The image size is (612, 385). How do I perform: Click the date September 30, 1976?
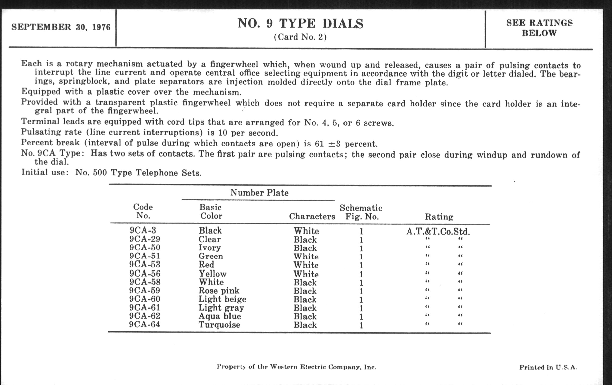coord(61,27)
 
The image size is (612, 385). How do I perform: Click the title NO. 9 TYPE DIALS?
coord(300,24)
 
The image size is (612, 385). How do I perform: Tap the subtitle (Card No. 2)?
coord(300,37)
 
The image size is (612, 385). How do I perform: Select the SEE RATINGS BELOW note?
coord(539,28)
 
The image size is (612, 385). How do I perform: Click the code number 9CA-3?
coord(143,230)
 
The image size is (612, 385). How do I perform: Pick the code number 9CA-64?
coord(144,325)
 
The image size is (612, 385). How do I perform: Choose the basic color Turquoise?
coord(219,325)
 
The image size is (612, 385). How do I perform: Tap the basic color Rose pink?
coord(219,290)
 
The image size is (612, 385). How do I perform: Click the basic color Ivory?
coord(210,248)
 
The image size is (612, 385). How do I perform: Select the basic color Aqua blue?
coord(220,316)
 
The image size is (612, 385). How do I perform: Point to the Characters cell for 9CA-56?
coord(306,274)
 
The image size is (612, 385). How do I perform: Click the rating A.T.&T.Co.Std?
coord(438,232)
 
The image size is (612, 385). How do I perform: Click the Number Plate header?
coord(259,193)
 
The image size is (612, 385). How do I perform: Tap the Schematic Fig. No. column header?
coord(361,212)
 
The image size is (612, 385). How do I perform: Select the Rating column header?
coord(439,217)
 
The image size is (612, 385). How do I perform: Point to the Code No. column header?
coord(143,211)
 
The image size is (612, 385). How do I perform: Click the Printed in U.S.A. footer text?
coord(548,367)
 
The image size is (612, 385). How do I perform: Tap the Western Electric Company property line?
coord(296,367)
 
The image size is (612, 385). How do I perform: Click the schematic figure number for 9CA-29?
coord(361,240)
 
